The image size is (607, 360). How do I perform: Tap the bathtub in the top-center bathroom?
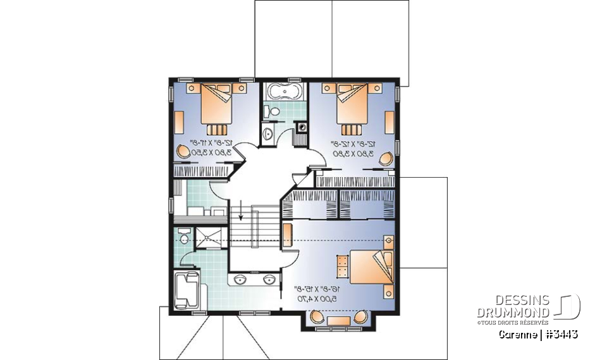(283, 92)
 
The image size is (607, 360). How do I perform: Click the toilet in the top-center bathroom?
(272, 111)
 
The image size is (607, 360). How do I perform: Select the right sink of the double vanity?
(268, 279)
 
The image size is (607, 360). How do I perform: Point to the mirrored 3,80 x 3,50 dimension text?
(211, 152)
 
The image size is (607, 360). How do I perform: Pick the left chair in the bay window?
(317, 317)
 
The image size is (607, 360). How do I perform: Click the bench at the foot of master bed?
(342, 266)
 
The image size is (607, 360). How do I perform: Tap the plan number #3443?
(560, 333)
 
